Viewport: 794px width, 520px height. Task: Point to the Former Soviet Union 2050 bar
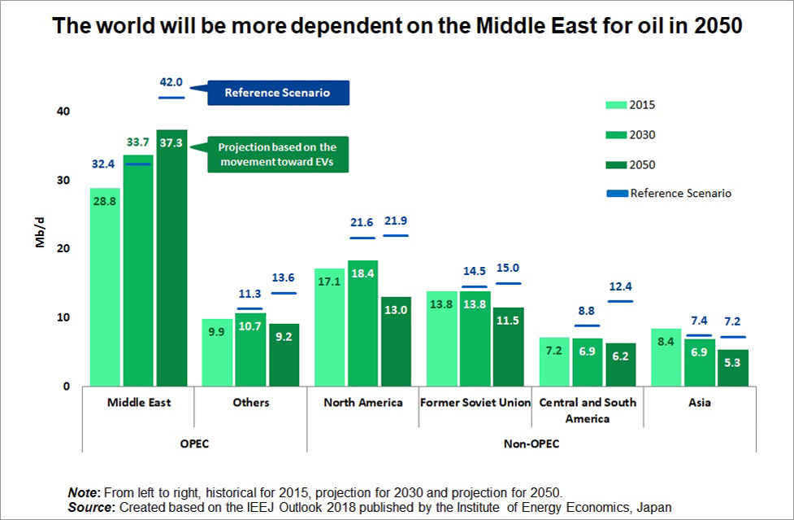point(507,347)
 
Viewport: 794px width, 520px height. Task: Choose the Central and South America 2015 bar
point(554,361)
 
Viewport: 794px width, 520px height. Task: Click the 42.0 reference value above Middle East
point(171,83)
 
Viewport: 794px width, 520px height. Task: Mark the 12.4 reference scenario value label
point(620,286)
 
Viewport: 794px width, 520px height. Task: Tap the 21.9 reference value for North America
point(396,221)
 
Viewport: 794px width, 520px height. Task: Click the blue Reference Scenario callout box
point(277,93)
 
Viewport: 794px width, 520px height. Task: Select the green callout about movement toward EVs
point(276,154)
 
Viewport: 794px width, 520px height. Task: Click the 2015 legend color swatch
point(615,105)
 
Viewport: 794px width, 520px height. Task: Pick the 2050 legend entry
point(641,164)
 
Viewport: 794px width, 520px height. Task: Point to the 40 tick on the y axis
point(63,111)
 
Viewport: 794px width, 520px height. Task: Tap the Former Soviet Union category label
point(475,402)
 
